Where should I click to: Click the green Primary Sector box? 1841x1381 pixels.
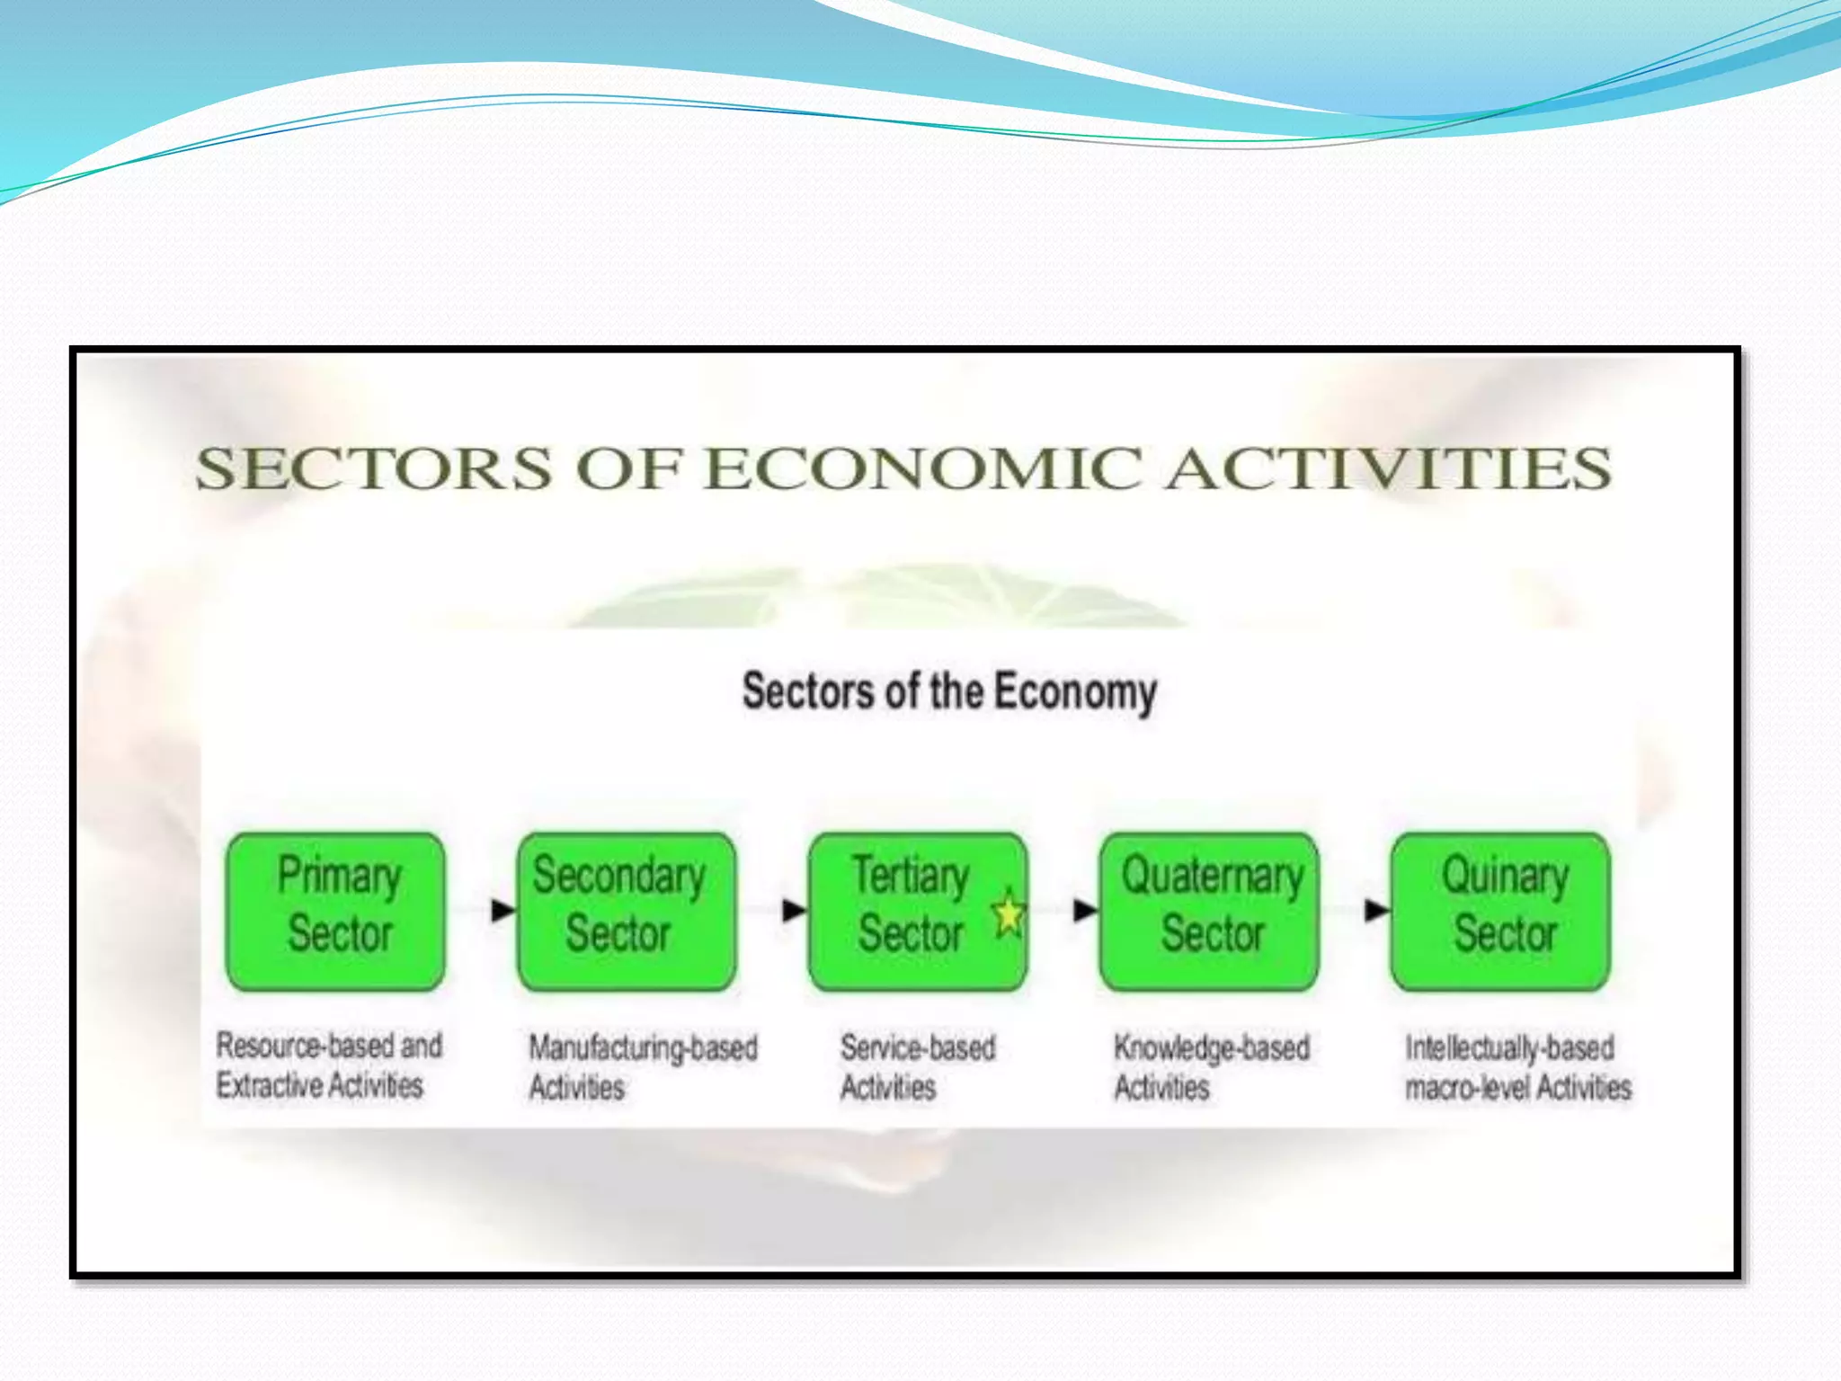click(x=335, y=911)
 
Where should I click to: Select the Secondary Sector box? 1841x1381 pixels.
click(x=627, y=911)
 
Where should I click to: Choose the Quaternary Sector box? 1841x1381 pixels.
click(x=1209, y=911)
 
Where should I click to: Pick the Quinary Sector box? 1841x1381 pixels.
click(x=1500, y=911)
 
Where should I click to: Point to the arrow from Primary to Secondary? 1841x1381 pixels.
click(x=502, y=910)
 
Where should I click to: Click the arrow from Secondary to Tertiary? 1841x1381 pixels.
click(x=794, y=910)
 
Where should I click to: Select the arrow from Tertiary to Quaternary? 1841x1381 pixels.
click(x=1085, y=910)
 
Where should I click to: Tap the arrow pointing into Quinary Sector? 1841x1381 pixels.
click(x=1376, y=910)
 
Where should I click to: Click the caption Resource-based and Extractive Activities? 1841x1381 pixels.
click(x=328, y=1065)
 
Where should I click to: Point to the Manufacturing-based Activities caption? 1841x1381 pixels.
click(x=642, y=1067)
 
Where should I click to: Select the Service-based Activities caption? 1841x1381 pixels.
click(x=917, y=1067)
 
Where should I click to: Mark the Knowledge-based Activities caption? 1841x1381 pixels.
click(x=1211, y=1067)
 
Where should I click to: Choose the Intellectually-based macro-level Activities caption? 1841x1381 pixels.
click(x=1517, y=1067)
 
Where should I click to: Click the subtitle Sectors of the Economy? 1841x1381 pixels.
click(x=949, y=691)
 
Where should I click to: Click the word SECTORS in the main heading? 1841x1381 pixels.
click(x=373, y=468)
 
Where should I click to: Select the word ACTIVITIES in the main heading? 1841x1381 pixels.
click(x=1388, y=468)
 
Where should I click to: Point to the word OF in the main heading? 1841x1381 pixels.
click(x=627, y=468)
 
